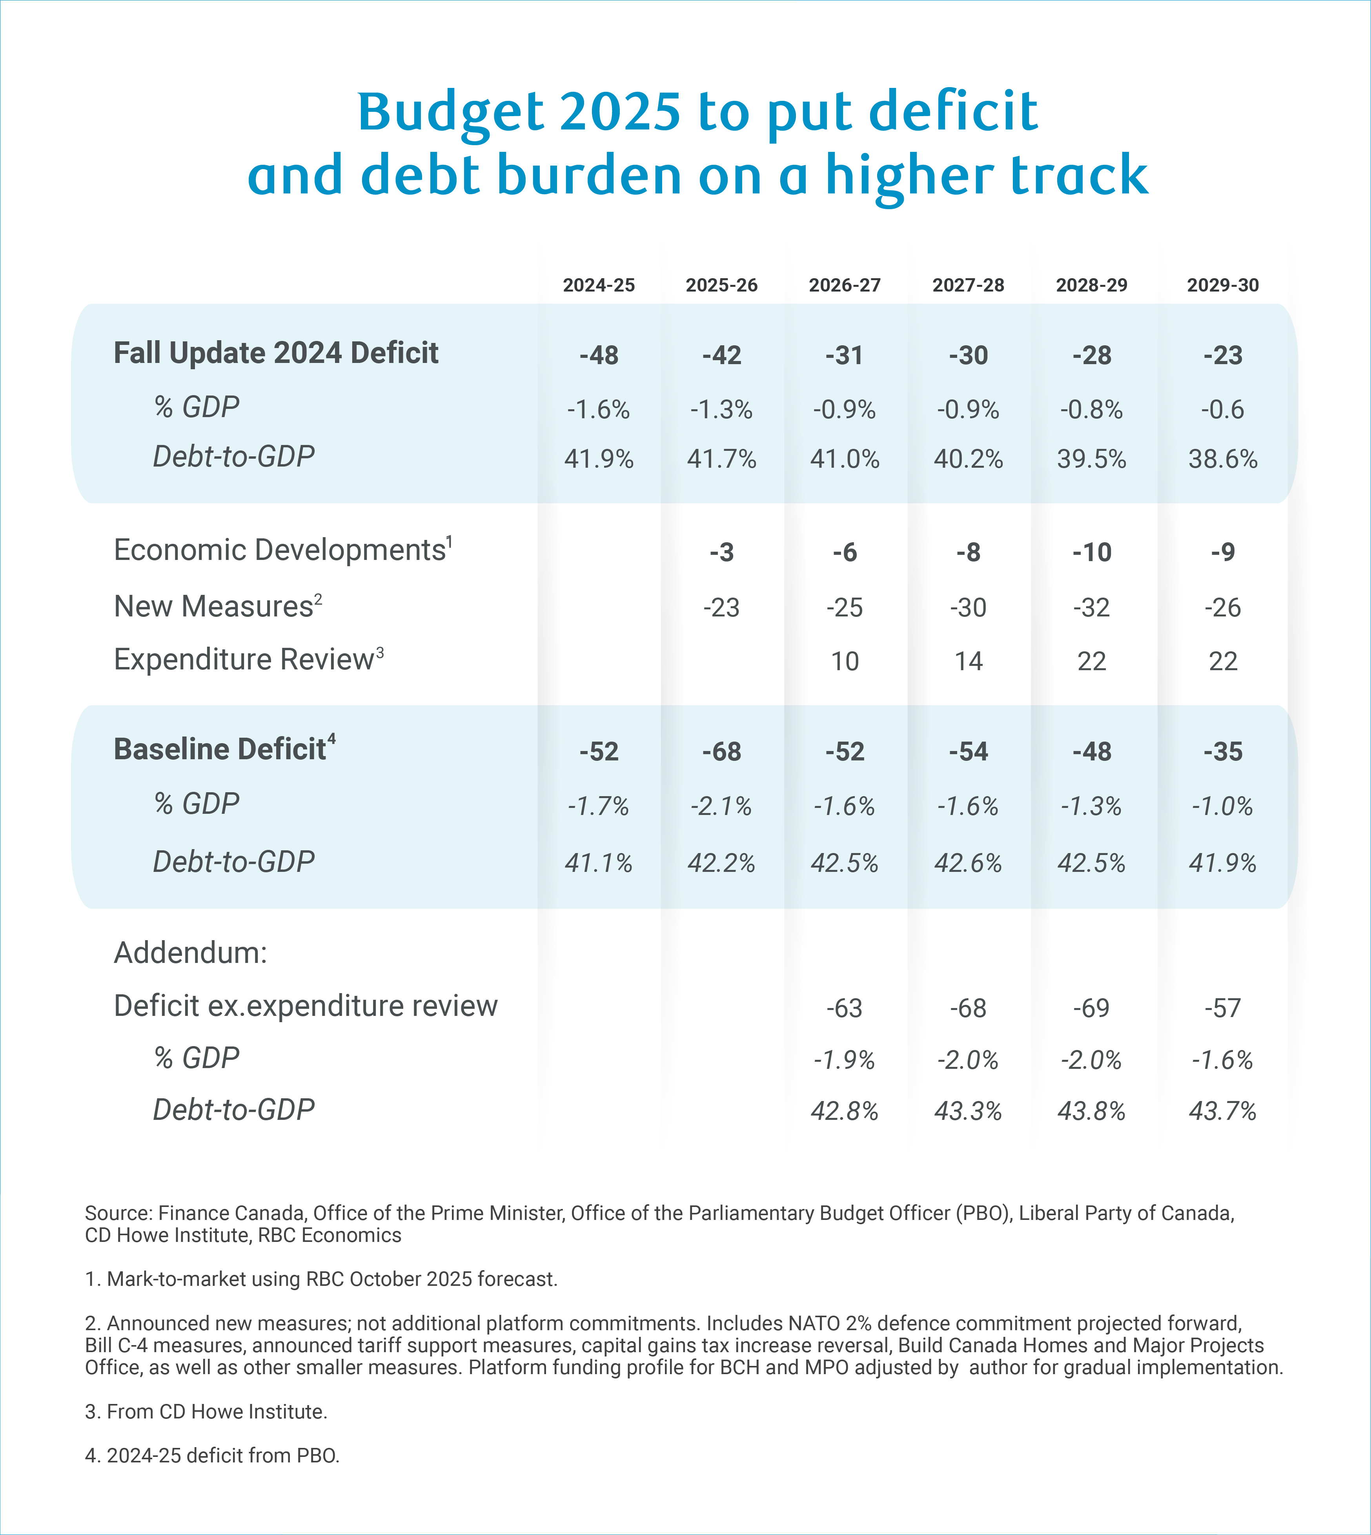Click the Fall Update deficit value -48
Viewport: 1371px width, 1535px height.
[599, 355]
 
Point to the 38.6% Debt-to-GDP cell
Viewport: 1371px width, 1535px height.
[1223, 459]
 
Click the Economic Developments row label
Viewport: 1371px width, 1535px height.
[280, 550]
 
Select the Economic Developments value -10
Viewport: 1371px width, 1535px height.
[1092, 552]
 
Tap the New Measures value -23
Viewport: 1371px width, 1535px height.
[722, 607]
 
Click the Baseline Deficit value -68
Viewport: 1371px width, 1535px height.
[722, 751]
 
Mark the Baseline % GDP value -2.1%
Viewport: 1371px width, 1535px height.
[722, 806]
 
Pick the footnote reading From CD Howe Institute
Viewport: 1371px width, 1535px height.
[206, 1411]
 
